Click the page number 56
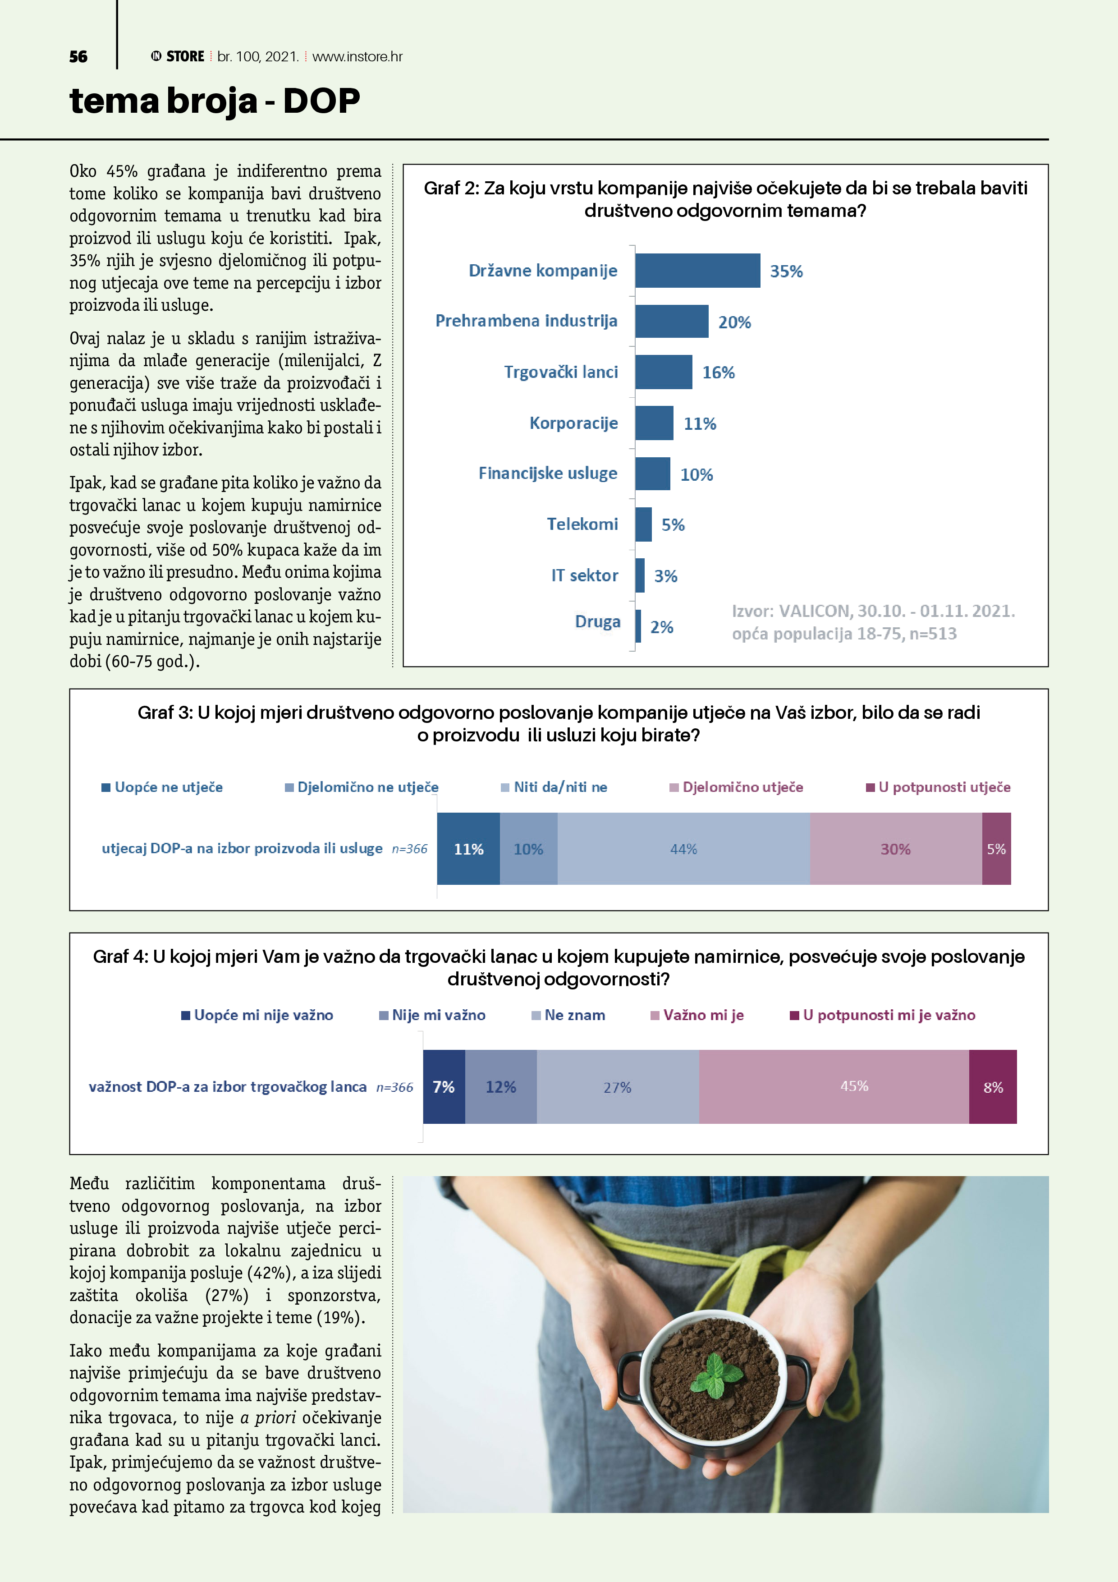78,56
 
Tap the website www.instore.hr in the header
357,56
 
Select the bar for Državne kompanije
697,271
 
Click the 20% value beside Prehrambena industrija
734,322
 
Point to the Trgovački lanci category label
561,372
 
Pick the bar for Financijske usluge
652,474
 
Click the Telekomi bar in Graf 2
643,524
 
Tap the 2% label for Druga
661,627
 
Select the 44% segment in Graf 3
683,849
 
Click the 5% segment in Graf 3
996,849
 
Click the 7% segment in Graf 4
444,1086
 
